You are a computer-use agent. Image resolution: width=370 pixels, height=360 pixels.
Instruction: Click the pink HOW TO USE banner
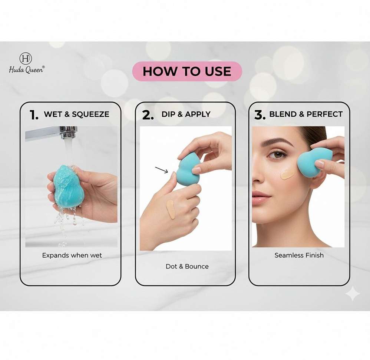[x=187, y=71]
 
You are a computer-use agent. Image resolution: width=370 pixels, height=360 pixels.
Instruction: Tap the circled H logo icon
[x=26, y=58]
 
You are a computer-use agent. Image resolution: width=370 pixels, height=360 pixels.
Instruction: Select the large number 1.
[x=34, y=115]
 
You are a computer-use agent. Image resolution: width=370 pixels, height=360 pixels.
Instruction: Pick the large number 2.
[x=148, y=115]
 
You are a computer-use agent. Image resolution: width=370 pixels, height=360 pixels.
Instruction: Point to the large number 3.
[x=260, y=115]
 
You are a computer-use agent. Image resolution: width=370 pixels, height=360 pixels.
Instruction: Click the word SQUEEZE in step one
[x=90, y=114]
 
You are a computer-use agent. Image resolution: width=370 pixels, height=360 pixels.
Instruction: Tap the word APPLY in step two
[x=198, y=114]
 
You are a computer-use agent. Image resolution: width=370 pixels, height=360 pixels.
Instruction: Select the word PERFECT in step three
[x=324, y=114]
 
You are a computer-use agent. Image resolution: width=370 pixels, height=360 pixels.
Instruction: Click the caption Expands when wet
[x=72, y=255]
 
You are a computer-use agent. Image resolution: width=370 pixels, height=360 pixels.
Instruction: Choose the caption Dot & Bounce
[x=187, y=266]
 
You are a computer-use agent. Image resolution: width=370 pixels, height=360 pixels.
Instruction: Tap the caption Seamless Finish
[x=299, y=255]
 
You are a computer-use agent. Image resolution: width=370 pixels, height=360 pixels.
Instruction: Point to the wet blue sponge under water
[x=69, y=186]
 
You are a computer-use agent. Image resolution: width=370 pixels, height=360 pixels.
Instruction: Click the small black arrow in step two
[x=161, y=170]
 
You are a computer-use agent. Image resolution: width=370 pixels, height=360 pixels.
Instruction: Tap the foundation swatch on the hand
[x=171, y=209]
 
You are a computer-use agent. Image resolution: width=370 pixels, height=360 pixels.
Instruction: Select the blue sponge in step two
[x=188, y=169]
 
